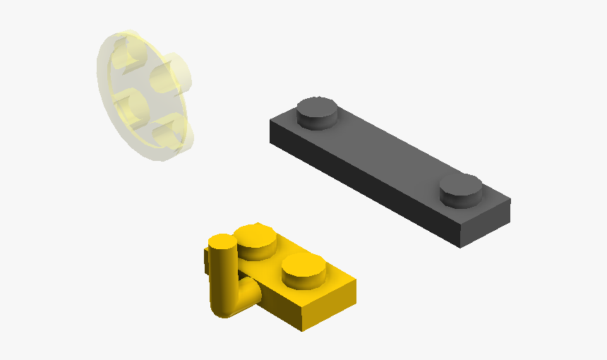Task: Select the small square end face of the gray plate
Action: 485,224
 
